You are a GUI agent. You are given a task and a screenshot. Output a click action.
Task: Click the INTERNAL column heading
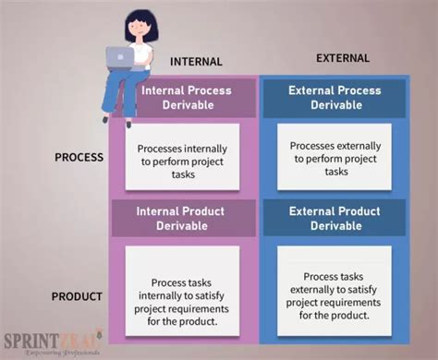[x=196, y=62]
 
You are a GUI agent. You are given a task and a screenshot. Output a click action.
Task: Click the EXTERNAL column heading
[x=343, y=58]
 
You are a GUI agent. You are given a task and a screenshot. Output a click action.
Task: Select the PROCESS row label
[x=79, y=157]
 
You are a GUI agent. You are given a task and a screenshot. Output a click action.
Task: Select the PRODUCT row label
[x=78, y=296]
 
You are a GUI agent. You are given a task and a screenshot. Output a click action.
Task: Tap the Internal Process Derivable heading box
[x=186, y=98]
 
